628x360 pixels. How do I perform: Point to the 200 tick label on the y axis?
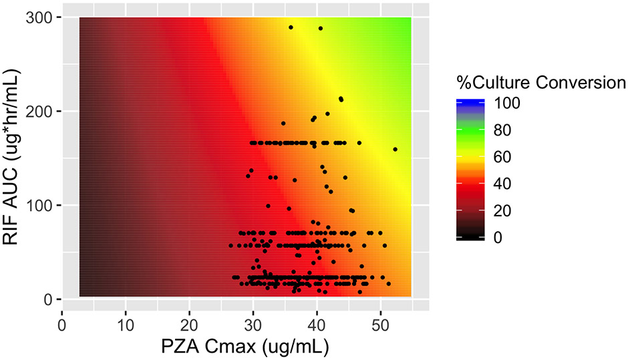pyautogui.click(x=41, y=111)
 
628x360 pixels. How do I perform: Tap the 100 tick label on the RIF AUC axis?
pyautogui.click(x=41, y=205)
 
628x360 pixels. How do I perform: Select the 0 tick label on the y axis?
pyautogui.click(x=49, y=299)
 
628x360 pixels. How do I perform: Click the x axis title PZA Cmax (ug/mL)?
pyautogui.click(x=245, y=348)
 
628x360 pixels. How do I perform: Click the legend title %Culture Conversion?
pyautogui.click(x=540, y=83)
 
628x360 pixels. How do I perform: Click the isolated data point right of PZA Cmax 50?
pyautogui.click(x=395, y=149)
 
